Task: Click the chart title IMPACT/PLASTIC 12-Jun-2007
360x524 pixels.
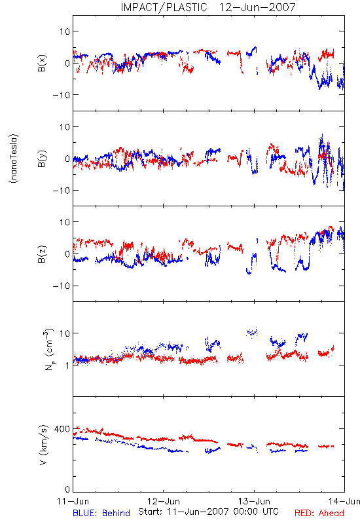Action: [x=208, y=7]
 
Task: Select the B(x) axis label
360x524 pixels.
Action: [x=42, y=63]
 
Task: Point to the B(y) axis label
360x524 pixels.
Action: [x=42, y=159]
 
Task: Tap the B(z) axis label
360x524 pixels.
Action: [x=42, y=254]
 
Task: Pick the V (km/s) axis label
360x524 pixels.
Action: [x=43, y=445]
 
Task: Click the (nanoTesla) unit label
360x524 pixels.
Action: [x=14, y=159]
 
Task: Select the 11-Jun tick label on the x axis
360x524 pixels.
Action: [x=73, y=501]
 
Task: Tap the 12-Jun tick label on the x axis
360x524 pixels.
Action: [x=164, y=501]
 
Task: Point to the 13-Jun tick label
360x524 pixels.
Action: [x=254, y=501]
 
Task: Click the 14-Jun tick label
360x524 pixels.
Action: [x=344, y=501]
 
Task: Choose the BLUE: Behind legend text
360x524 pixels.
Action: [x=101, y=513]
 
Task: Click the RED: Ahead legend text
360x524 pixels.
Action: [x=319, y=513]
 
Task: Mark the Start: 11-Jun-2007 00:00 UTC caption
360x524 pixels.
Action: [x=208, y=512]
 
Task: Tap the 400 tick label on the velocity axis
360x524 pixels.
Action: [x=62, y=429]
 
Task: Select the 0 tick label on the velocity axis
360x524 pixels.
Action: [x=67, y=489]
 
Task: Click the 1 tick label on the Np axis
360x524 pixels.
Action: [x=67, y=365]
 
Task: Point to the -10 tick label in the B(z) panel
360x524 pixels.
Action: [x=62, y=286]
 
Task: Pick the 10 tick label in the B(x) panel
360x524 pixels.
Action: [x=65, y=31]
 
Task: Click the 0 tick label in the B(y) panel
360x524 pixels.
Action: [x=67, y=159]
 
